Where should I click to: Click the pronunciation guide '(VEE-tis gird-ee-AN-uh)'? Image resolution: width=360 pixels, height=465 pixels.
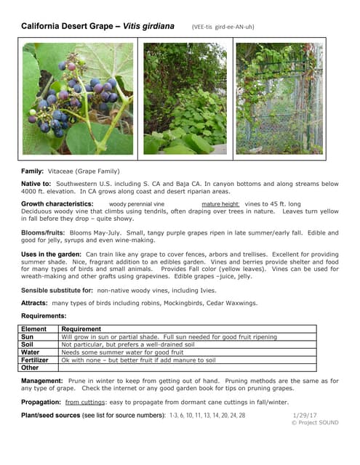click(x=223, y=28)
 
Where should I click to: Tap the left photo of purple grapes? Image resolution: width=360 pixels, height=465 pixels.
click(x=79, y=98)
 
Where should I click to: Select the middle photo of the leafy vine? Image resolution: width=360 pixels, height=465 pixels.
click(x=185, y=98)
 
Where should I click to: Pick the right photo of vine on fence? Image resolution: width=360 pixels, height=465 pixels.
click(x=279, y=98)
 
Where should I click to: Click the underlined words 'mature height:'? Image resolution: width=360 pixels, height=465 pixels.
click(x=220, y=204)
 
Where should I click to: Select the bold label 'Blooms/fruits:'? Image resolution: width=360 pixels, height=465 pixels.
click(x=45, y=232)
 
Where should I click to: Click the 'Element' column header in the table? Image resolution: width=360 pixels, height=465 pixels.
click(x=36, y=329)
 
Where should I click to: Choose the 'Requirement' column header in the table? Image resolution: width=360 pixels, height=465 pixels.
click(x=81, y=329)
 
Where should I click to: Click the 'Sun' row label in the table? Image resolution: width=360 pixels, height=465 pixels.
click(x=28, y=337)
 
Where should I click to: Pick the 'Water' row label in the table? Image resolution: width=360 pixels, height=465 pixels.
click(x=31, y=352)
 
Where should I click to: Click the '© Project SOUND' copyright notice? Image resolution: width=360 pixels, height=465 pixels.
click(x=315, y=423)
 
